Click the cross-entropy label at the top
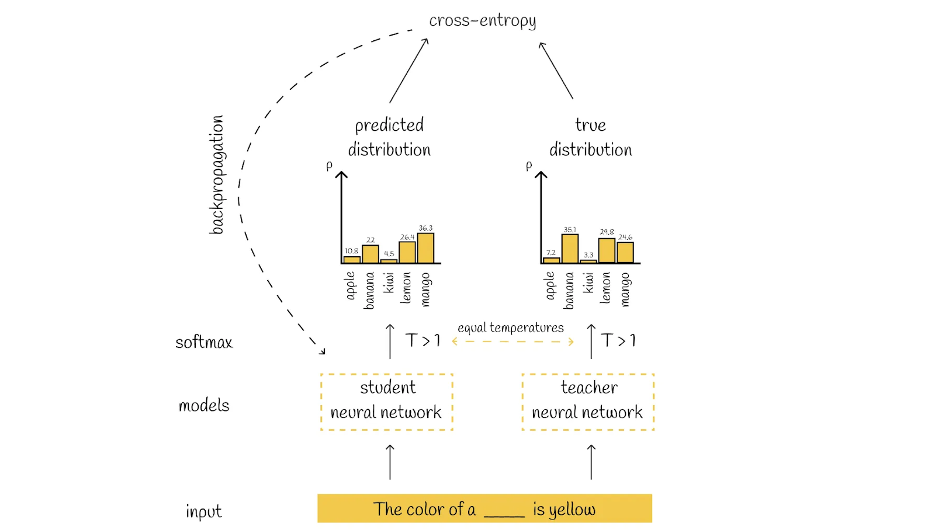(x=482, y=21)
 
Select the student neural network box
(x=386, y=402)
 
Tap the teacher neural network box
(x=587, y=402)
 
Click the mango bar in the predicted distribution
(x=425, y=249)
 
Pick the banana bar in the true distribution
(x=570, y=249)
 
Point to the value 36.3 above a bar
(x=425, y=228)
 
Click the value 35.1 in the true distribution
(x=570, y=229)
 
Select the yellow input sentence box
(x=484, y=508)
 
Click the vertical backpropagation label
(x=217, y=175)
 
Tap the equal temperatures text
(x=510, y=327)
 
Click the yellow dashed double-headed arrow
(x=512, y=341)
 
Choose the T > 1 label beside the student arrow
(x=423, y=340)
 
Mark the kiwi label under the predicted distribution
(x=389, y=283)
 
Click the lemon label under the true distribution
(x=605, y=288)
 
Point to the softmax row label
(x=204, y=342)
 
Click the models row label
(x=204, y=405)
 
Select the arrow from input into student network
(x=390, y=462)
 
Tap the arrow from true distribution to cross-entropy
(x=556, y=71)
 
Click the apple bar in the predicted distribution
(x=352, y=260)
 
